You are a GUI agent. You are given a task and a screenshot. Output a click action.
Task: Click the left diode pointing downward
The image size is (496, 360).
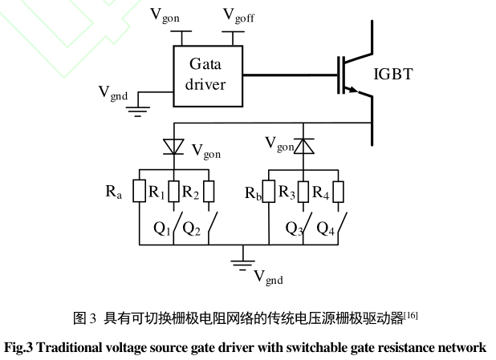(x=173, y=146)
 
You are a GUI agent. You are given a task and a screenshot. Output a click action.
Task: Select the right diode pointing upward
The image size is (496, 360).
(x=303, y=145)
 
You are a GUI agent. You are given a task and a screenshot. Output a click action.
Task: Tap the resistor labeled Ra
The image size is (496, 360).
(x=140, y=192)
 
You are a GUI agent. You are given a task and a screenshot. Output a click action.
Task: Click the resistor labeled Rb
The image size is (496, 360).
(x=268, y=193)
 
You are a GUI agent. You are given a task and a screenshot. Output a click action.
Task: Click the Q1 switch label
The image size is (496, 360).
(x=162, y=229)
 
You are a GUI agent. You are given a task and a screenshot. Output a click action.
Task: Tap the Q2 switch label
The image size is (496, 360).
(x=192, y=229)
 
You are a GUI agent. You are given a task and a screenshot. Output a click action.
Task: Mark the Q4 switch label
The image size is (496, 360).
(x=323, y=229)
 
